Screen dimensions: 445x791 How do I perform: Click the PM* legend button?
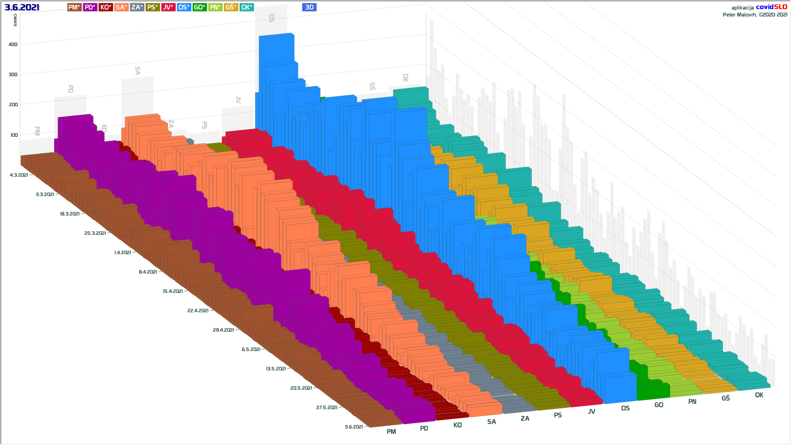coord(74,7)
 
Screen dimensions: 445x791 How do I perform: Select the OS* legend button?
coord(184,7)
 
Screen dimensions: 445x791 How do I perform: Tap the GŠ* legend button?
coord(231,7)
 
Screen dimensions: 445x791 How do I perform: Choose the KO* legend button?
coord(105,7)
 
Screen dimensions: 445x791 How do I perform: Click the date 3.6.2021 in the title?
coord(22,7)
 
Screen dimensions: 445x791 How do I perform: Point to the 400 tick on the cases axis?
coord(13,44)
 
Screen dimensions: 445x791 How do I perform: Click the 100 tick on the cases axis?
coord(13,135)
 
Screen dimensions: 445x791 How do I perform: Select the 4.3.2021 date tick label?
coord(19,175)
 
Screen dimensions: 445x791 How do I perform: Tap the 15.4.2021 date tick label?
coord(173,291)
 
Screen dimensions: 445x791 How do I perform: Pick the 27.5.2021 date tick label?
coord(327,408)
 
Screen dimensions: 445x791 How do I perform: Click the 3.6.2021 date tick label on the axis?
coord(354,427)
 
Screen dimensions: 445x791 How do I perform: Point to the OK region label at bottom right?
coord(759,395)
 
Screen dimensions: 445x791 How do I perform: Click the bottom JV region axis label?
coord(591,412)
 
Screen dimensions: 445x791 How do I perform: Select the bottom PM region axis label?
coord(391,432)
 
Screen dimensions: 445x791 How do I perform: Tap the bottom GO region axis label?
coord(659,405)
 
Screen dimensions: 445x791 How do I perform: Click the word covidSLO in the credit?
coord(771,7)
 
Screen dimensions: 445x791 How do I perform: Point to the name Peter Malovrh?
coord(740,15)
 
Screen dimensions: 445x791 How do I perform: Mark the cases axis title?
coord(15,20)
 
